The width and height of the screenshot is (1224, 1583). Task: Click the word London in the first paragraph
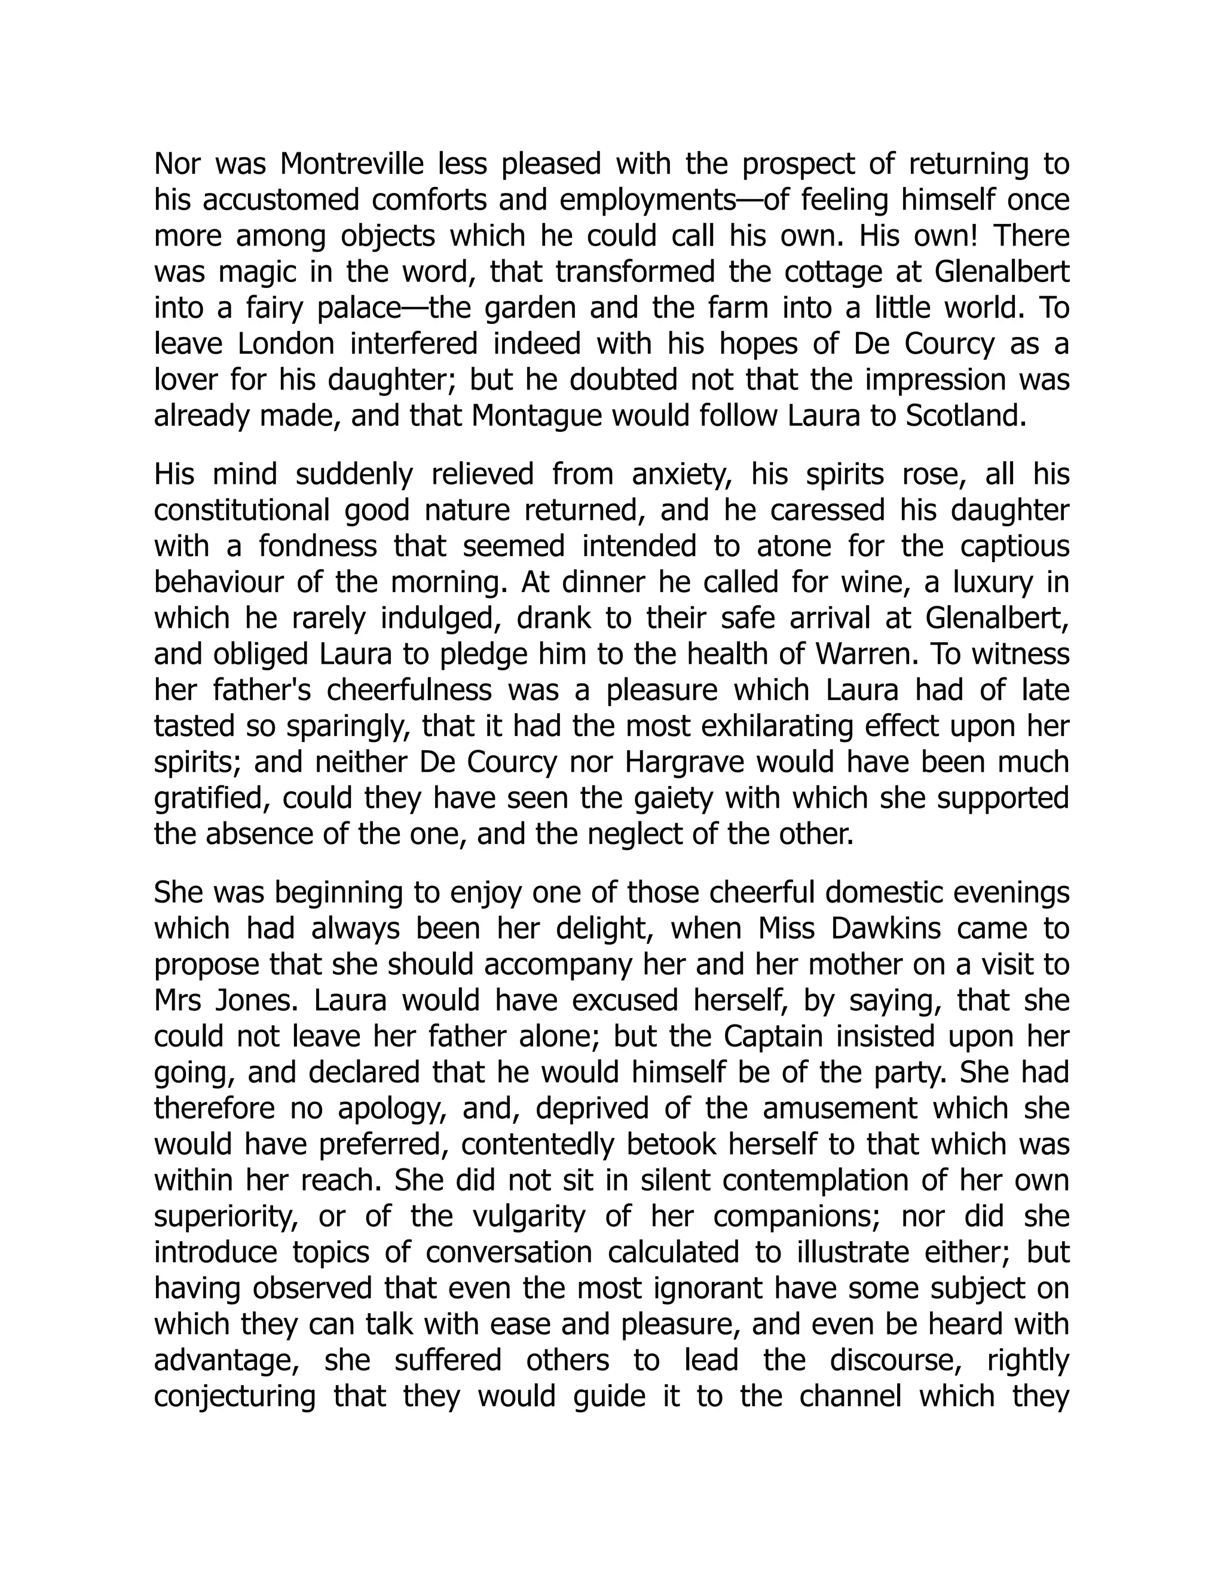coord(286,343)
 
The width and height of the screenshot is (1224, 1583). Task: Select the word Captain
coord(773,1037)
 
